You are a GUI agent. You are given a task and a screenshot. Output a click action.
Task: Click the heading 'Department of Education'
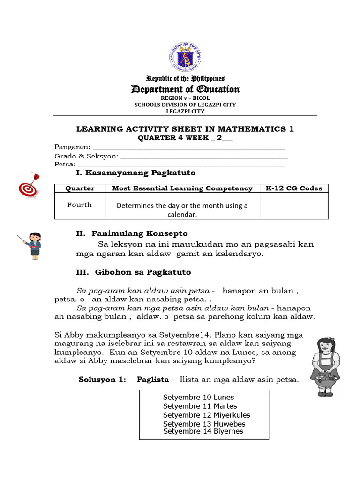click(x=185, y=89)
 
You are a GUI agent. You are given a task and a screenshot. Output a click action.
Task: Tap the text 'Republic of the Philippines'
click(x=185, y=78)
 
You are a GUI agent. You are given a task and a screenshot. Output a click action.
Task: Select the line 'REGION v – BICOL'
click(x=185, y=98)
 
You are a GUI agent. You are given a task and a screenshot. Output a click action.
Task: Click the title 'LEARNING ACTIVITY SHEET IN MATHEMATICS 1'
click(x=185, y=129)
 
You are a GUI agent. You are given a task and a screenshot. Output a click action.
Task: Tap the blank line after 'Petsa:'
click(x=181, y=165)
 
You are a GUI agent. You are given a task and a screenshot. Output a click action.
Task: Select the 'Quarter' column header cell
click(x=80, y=188)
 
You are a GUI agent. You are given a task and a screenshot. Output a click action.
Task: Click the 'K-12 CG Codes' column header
click(x=294, y=188)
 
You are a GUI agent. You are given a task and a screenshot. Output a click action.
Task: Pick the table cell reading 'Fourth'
click(x=80, y=205)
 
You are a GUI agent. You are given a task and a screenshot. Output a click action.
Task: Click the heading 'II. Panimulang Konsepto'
click(x=132, y=233)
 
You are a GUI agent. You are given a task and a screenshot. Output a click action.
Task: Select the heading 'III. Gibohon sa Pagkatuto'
click(x=134, y=272)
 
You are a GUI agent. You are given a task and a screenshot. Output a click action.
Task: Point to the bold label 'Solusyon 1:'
click(x=102, y=380)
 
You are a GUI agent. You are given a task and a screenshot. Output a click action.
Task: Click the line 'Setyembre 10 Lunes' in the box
click(x=198, y=397)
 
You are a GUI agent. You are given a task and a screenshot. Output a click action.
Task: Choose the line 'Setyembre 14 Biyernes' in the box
click(x=203, y=431)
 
